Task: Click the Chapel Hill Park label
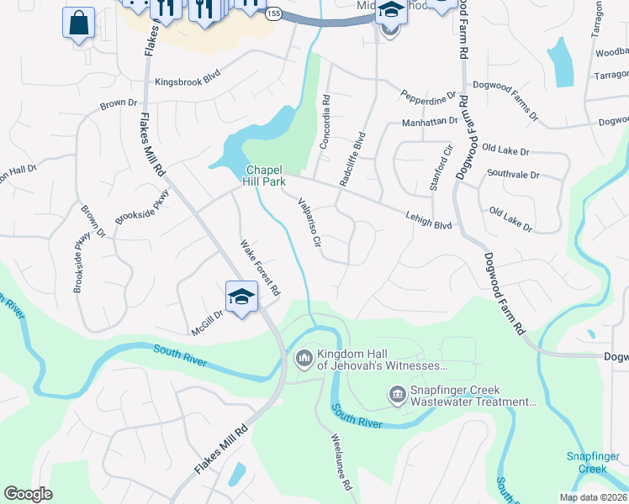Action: tap(265, 175)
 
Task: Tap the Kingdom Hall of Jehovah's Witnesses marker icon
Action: tap(304, 359)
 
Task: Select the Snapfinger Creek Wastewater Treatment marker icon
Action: tap(397, 393)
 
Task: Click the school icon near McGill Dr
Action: tap(241, 297)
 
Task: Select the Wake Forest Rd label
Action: tap(260, 268)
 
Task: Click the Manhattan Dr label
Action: tap(429, 121)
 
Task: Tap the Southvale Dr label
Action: tap(513, 175)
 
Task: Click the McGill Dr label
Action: tap(207, 323)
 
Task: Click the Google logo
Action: tap(28, 494)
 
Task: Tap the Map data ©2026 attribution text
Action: tap(593, 497)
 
